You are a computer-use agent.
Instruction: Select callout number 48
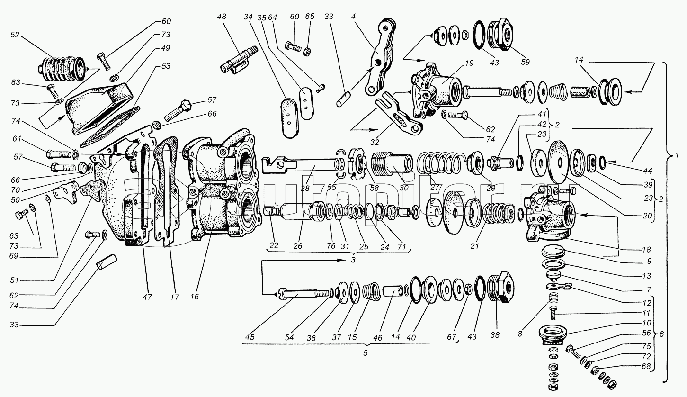pos(222,17)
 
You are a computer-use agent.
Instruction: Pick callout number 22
pos(274,245)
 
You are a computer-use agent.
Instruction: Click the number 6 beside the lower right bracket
pos(662,334)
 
